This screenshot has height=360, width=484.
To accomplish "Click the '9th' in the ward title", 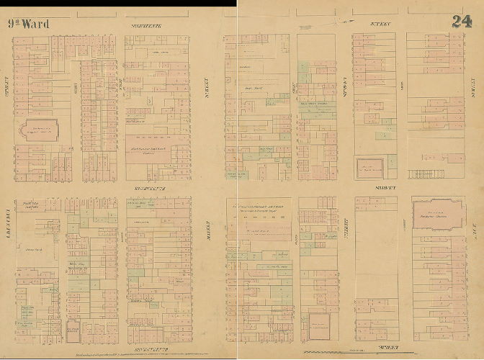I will coord(14,24).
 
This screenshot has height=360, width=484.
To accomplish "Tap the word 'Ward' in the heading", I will coord(36,24).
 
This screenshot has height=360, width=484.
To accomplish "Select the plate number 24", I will coord(462,21).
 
